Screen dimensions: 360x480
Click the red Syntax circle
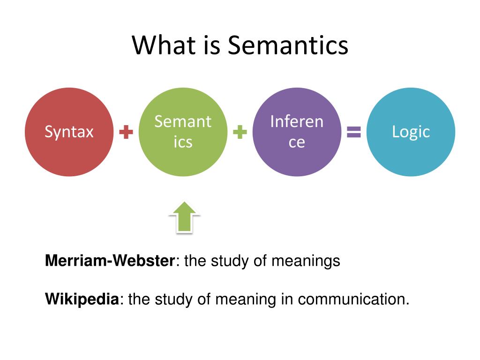coord(69,132)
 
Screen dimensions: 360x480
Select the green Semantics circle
coord(183,132)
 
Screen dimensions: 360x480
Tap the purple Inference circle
coord(297,132)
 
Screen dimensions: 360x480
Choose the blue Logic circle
coord(411,132)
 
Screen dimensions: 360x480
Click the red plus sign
coord(126,133)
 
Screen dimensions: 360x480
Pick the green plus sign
coord(240,133)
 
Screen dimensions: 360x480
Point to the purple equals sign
coord(354,133)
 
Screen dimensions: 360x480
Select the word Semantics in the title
coord(288,46)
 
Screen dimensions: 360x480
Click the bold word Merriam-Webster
coord(110,261)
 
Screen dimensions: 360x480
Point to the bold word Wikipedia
coord(82,299)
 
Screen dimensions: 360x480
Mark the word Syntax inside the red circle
coord(69,132)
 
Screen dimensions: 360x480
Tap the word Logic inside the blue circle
coord(411,132)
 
